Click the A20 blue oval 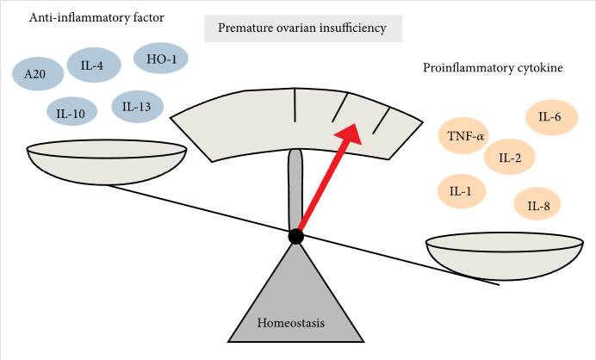point(35,74)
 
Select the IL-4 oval point(93,65)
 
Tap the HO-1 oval point(161,59)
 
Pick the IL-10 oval point(71,111)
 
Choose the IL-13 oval point(137,108)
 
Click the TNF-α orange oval point(467,136)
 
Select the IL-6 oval point(550,117)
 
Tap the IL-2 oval point(510,157)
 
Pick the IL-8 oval point(538,205)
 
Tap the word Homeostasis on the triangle point(294,324)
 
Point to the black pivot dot point(295,236)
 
